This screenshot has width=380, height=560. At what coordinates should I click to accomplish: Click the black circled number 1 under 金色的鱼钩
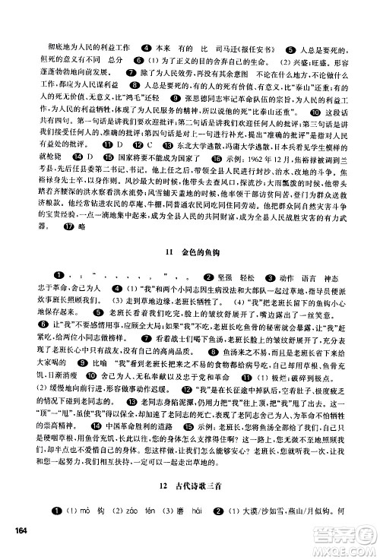pos(59,274)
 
